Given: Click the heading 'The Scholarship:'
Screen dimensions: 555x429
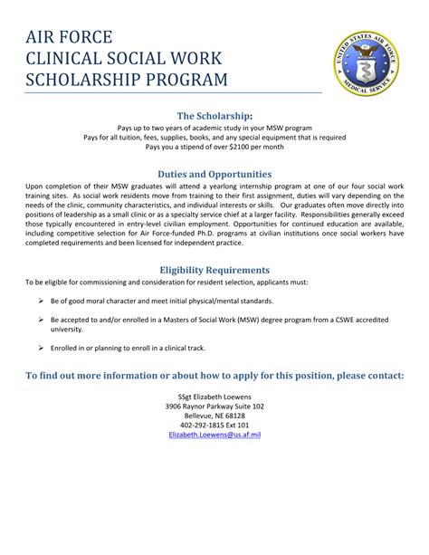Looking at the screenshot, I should click(214, 115).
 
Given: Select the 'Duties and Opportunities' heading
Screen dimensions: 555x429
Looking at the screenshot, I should click(214, 172).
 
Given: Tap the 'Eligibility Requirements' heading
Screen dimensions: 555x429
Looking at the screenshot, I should click(214, 269).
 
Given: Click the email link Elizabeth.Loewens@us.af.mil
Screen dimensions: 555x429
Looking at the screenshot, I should click(214, 435).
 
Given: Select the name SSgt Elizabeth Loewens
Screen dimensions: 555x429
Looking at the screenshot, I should click(214, 397).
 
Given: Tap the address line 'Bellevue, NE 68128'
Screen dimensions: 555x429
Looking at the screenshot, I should click(214, 415).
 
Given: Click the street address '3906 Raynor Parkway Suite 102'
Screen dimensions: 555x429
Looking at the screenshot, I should click(214, 406).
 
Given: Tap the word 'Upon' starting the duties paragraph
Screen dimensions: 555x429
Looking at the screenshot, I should click(36, 185).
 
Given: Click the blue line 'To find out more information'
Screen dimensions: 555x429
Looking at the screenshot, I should click(214, 375).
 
